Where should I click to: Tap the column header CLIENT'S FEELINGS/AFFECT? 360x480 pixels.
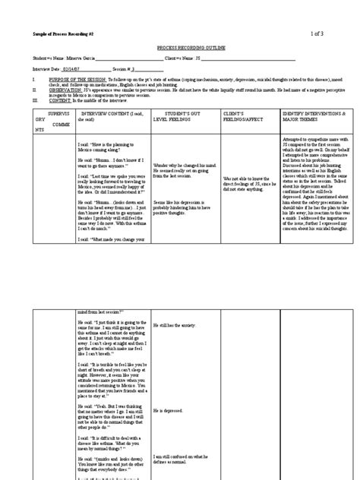[x=243, y=115]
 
